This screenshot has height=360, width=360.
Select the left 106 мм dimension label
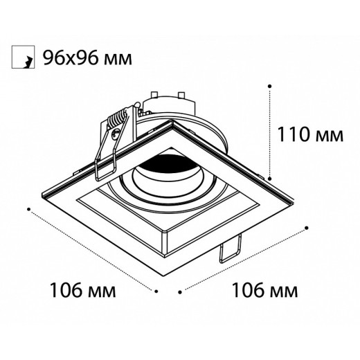pos(82,289)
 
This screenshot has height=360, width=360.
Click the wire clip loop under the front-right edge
pos(229,251)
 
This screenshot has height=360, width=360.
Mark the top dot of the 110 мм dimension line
pos(269,86)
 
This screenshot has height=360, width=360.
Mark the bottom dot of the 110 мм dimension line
pos(269,176)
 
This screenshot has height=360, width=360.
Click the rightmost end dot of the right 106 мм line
pos(307,226)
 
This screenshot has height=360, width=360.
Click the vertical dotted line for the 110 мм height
pos(269,132)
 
